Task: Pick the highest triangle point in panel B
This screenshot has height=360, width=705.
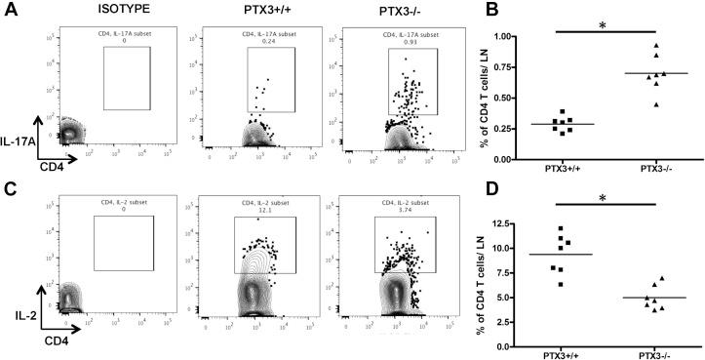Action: point(657,47)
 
